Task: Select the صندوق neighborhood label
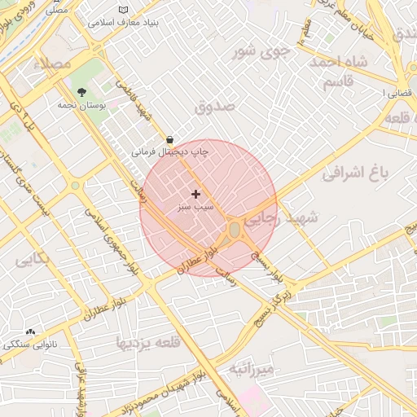point(215,106)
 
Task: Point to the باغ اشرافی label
point(355,173)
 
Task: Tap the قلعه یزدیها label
point(145,340)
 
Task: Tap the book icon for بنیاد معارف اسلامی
point(123,10)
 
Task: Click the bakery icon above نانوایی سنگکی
point(31,331)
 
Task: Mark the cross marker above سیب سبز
point(195,194)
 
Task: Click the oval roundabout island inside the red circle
point(235,230)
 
